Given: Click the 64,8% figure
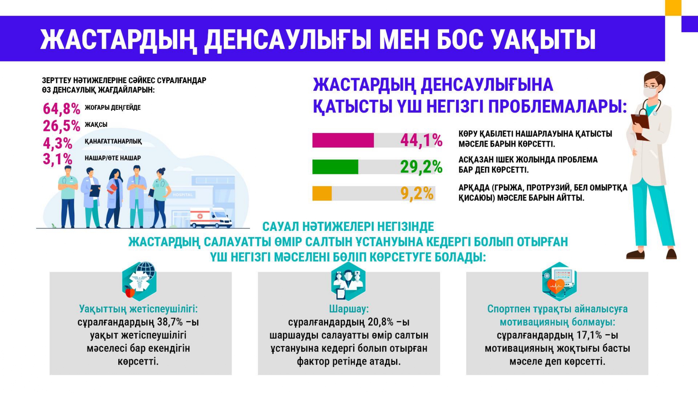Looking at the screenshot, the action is [61, 109].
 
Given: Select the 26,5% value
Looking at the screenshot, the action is [61, 126].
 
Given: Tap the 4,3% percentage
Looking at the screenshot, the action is [58, 143].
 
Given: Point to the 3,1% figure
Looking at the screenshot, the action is [58, 159].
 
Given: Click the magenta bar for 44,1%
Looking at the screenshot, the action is [343, 140].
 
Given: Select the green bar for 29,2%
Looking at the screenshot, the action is [335, 167].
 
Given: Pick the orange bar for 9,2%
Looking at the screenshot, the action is [322, 194].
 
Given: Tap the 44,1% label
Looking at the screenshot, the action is [421, 140].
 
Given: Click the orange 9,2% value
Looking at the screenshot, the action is [417, 194].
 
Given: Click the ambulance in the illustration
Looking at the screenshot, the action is [211, 218].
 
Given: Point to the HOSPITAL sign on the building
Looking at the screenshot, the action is [183, 195].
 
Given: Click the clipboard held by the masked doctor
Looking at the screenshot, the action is [641, 127].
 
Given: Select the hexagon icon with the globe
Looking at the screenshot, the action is [140, 281].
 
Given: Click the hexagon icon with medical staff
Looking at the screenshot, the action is [348, 281].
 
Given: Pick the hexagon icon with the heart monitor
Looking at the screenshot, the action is [559, 281].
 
